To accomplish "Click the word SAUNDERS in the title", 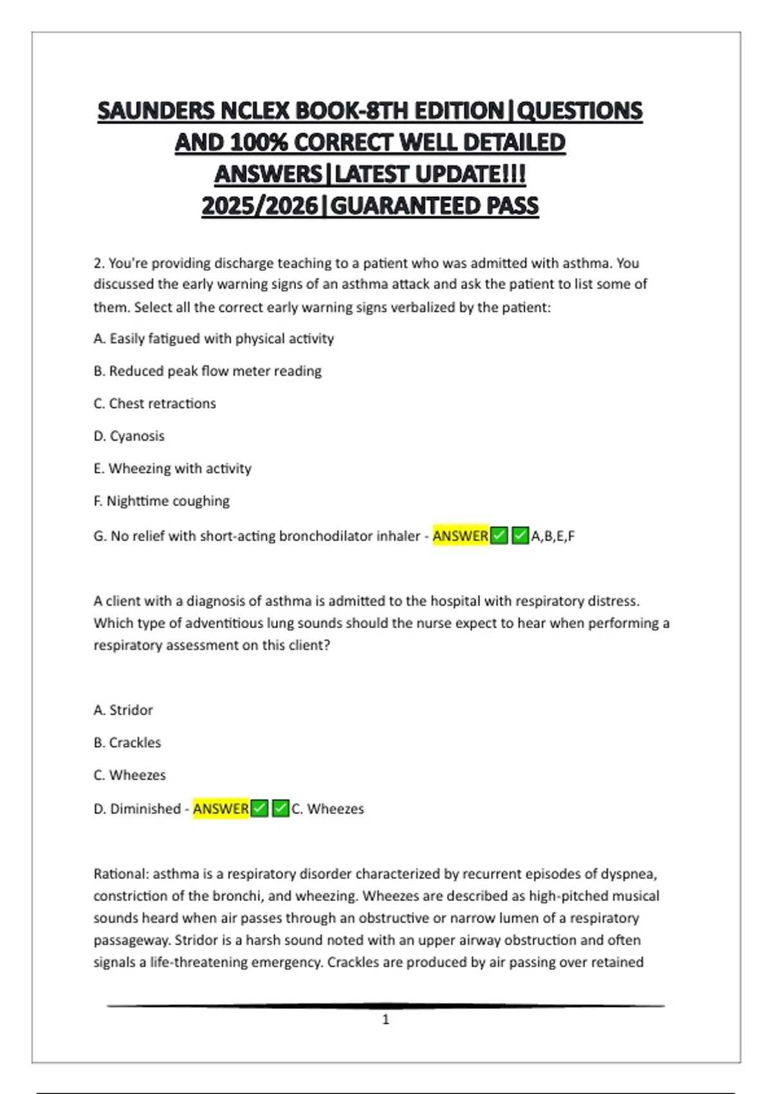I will pyautogui.click(x=157, y=111).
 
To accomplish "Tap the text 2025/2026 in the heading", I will pyautogui.click(x=259, y=206).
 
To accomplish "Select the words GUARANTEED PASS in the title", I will pyautogui.click(x=434, y=206).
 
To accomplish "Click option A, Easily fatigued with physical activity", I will pyautogui.click(x=214, y=338).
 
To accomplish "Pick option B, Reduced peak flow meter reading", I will pyautogui.click(x=207, y=371).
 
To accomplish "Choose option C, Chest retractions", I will pyautogui.click(x=154, y=403).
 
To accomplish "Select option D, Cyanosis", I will pyautogui.click(x=129, y=436).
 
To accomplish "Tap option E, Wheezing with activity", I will pyautogui.click(x=172, y=468).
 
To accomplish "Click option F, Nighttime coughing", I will pyautogui.click(x=161, y=501).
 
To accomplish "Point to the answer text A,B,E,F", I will pyautogui.click(x=553, y=535).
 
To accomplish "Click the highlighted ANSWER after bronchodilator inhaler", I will pyautogui.click(x=460, y=535).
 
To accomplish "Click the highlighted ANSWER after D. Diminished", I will pyautogui.click(x=221, y=809).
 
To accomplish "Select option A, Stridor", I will pyautogui.click(x=123, y=710).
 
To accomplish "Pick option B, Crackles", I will pyautogui.click(x=127, y=743).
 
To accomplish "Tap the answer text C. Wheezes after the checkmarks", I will pyautogui.click(x=327, y=809).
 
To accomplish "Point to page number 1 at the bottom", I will pyautogui.click(x=385, y=1019).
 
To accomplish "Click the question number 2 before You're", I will pyautogui.click(x=98, y=263).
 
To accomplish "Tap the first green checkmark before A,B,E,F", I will pyautogui.click(x=499, y=535).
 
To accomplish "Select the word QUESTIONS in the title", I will pyautogui.click(x=580, y=111).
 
